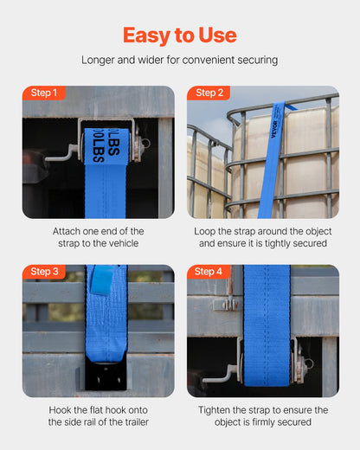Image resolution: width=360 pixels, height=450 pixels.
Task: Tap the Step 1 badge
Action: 44,93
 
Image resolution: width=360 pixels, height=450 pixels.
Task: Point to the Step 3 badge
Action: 44,272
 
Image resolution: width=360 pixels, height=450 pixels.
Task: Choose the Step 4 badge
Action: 209,272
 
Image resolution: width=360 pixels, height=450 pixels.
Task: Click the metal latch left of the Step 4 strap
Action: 226,305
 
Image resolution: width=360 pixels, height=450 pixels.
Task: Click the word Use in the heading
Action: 217,35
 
